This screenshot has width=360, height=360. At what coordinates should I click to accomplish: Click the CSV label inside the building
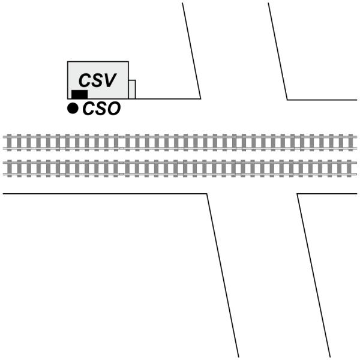pos(98,81)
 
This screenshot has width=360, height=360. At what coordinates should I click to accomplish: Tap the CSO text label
pos(101,109)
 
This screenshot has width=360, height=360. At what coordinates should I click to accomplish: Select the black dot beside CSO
pos(73,108)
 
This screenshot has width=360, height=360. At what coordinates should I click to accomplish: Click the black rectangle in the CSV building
pos(79,94)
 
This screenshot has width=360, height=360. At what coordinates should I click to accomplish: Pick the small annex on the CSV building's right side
pos(132,89)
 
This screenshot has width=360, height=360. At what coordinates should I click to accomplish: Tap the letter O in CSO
pos(113,109)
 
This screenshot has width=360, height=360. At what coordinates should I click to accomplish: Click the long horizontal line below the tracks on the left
pos(105,194)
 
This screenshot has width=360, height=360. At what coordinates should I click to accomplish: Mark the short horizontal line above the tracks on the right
pos(322,100)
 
